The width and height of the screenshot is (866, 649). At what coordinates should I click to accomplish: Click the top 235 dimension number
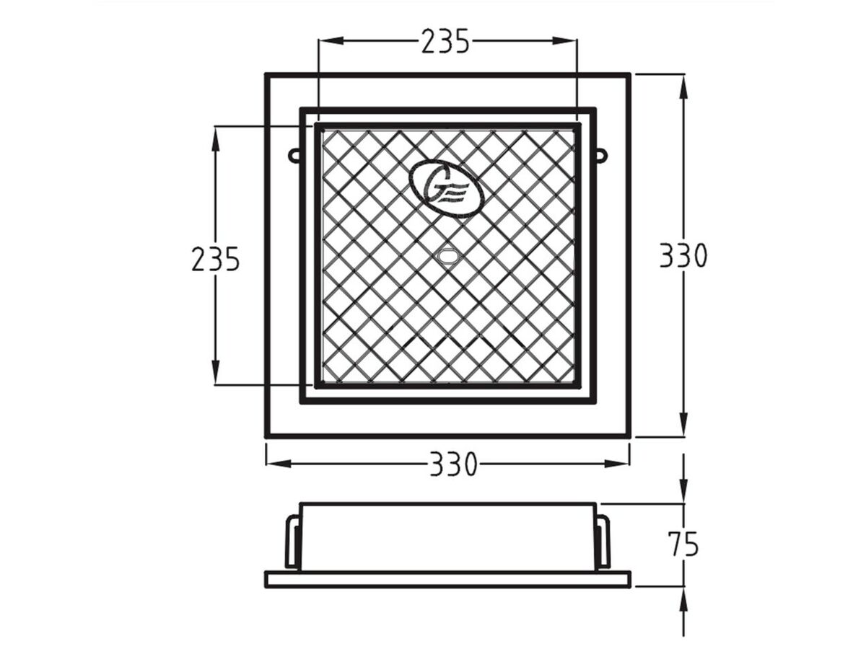click(x=445, y=42)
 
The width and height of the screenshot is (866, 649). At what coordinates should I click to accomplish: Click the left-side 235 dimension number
click(x=215, y=259)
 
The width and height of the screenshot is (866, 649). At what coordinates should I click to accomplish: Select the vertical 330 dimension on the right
click(x=683, y=255)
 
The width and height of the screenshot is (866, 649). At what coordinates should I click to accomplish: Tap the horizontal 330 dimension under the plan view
click(x=453, y=464)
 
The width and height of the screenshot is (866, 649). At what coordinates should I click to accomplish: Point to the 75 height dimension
click(x=683, y=544)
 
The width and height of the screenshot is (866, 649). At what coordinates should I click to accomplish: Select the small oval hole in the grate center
click(x=448, y=255)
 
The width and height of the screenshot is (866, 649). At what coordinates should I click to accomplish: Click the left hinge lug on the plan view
click(x=294, y=155)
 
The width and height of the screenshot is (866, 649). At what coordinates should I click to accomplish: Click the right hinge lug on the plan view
click(x=601, y=155)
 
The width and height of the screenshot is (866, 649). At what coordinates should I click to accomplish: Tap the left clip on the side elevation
click(x=292, y=541)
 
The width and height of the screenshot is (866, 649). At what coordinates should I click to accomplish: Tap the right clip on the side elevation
click(x=603, y=541)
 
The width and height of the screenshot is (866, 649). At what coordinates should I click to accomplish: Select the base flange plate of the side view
click(x=447, y=579)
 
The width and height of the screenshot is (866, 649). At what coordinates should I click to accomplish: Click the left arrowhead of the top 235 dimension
click(x=327, y=41)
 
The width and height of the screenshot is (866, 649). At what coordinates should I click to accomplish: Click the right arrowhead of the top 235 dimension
click(x=568, y=41)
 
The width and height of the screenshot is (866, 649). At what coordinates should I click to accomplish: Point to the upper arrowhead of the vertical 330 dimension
click(x=683, y=84)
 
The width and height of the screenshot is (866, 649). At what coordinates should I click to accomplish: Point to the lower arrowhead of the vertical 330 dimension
click(x=683, y=427)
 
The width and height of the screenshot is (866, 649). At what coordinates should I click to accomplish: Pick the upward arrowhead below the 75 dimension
click(x=683, y=597)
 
